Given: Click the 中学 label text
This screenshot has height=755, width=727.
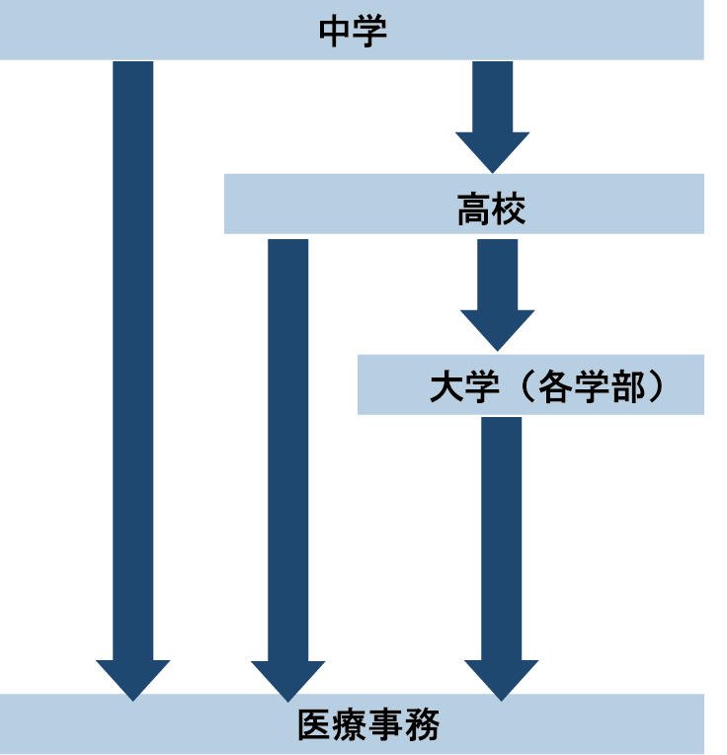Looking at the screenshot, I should click(x=353, y=31).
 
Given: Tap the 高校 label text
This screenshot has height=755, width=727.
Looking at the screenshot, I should click(x=491, y=209).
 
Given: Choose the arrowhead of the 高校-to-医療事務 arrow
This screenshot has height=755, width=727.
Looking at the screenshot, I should click(x=287, y=679).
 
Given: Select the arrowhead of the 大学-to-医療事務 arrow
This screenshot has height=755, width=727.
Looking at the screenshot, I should click(x=501, y=679).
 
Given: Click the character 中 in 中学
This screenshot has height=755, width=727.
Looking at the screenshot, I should click(x=336, y=31).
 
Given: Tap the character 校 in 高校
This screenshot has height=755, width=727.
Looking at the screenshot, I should click(x=509, y=209).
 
